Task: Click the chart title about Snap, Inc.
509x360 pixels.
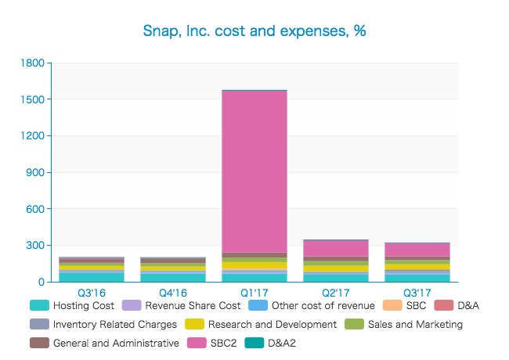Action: point(254,31)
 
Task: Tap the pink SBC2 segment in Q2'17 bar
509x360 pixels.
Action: point(336,248)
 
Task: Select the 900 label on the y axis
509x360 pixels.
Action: point(34,172)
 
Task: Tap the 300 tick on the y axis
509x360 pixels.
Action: point(34,245)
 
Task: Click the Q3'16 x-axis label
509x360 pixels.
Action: point(92,293)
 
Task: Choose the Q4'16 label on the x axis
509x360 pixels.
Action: point(173,293)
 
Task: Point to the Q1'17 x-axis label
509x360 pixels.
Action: point(254,293)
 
